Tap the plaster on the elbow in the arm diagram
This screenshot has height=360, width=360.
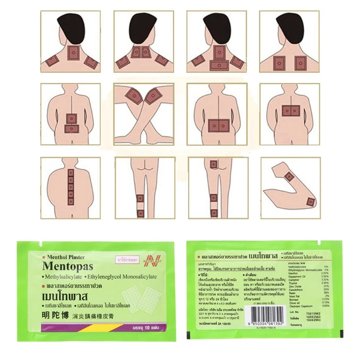pyautogui.click(x=310, y=202)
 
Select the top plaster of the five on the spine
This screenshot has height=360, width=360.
pyautogui.click(x=71, y=173)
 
